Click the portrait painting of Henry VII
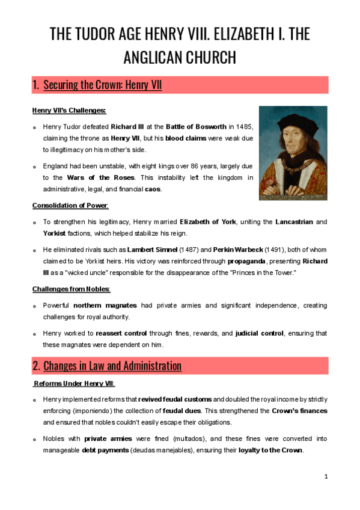pos(293,153)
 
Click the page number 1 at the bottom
pos(326,476)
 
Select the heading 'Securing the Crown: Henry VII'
pos(103,85)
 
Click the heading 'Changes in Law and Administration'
pos(112,366)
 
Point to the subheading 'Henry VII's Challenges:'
pos(69,111)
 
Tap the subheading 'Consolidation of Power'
pos(70,206)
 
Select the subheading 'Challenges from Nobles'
pos(71,289)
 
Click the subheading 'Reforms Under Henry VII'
pos(75,383)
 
